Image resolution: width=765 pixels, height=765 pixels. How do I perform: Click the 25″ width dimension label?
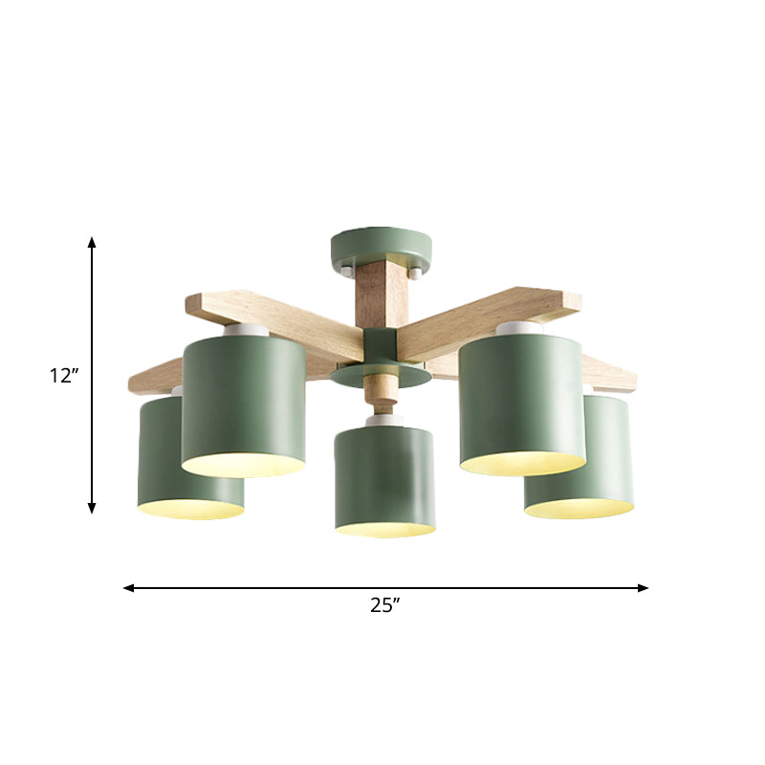(x=383, y=604)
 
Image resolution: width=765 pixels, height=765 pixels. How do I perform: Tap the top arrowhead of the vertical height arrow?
(x=93, y=243)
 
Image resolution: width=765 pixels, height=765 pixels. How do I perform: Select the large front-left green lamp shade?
(x=244, y=402)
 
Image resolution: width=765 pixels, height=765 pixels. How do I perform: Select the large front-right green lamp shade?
(x=521, y=402)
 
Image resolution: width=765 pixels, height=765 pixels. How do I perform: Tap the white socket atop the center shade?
(x=384, y=420)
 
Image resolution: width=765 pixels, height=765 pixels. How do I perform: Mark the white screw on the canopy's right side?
(x=414, y=273)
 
